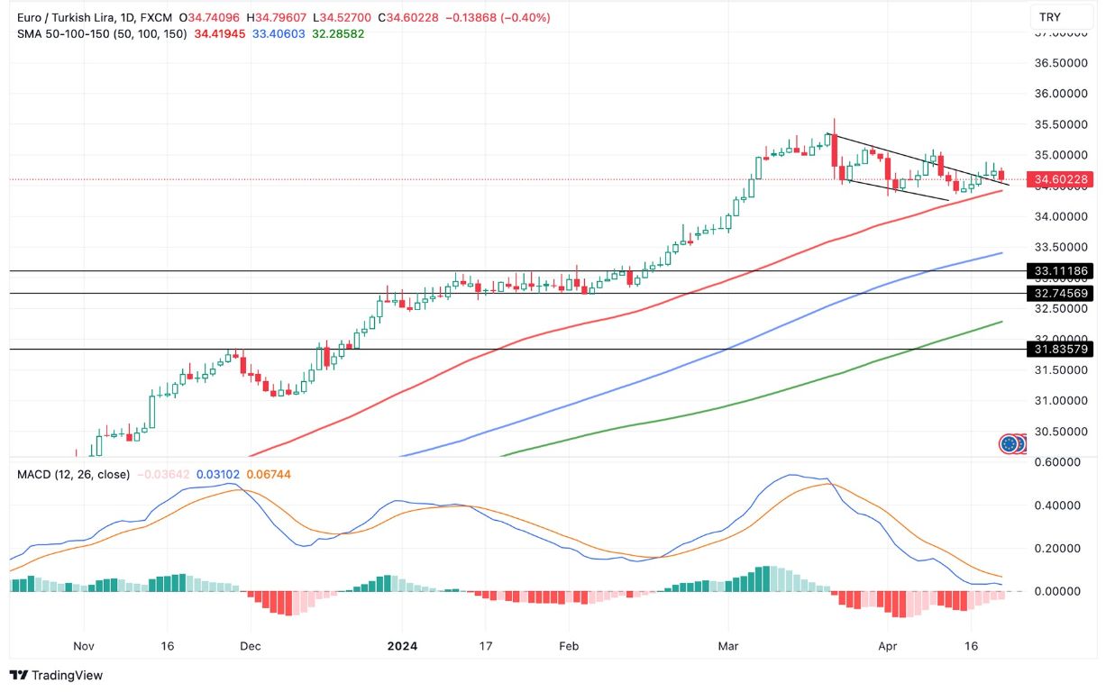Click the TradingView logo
pyautogui.click(x=56, y=675)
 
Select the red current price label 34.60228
pyautogui.click(x=1062, y=179)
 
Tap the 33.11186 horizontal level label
pyautogui.click(x=1062, y=270)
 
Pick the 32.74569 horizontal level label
pyautogui.click(x=1062, y=293)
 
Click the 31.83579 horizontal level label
pyautogui.click(x=1062, y=349)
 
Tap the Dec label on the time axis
pyautogui.click(x=251, y=646)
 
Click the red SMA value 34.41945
pyautogui.click(x=221, y=33)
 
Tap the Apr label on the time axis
pyautogui.click(x=888, y=646)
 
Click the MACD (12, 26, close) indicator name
pyautogui.click(x=73, y=474)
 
